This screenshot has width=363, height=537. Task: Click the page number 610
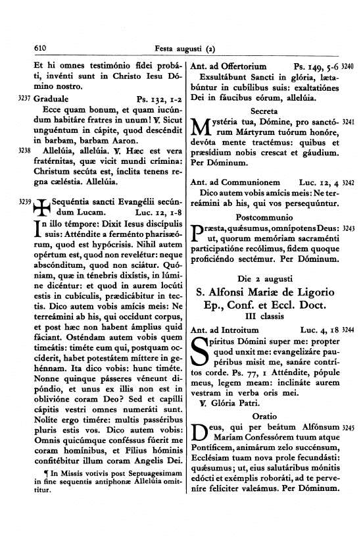click(41, 47)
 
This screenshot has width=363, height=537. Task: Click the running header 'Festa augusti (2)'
click(185, 47)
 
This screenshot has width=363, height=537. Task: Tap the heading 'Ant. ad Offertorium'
click(228, 66)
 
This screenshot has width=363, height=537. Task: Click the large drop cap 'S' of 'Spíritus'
click(199, 351)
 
